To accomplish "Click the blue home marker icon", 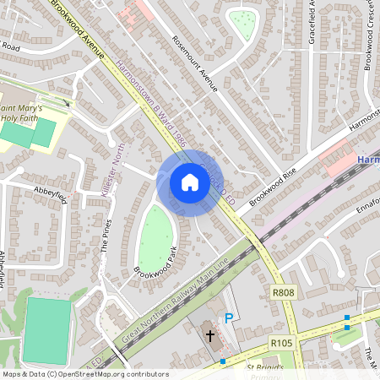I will pyautogui.click(x=190, y=182).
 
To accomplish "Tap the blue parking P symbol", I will pyautogui.click(x=227, y=318).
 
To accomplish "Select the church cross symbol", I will pyautogui.click(x=210, y=336).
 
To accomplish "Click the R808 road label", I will pyautogui.click(x=283, y=292).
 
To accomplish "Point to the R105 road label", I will pyautogui.click(x=281, y=343).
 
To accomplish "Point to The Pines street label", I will pyautogui.click(x=106, y=236).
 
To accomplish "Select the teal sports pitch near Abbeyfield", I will pyautogui.click(x=49, y=329).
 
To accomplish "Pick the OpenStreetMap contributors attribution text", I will pyautogui.click(x=84, y=374).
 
